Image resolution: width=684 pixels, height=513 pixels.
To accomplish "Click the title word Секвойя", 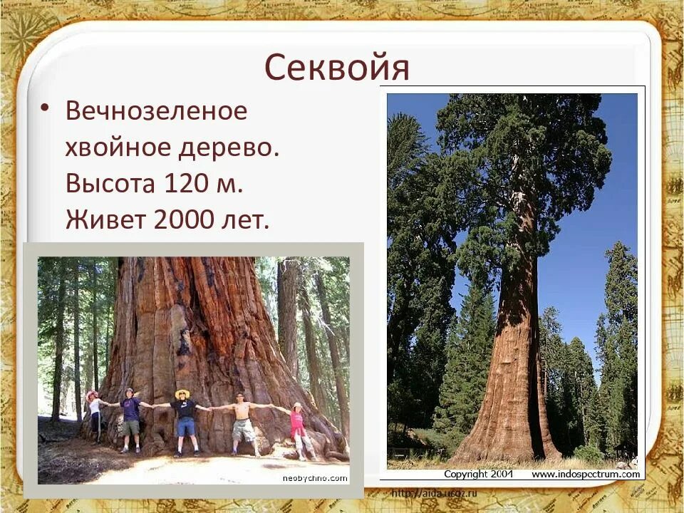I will coord(337,68).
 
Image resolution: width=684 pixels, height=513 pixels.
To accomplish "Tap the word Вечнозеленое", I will coord(157,111).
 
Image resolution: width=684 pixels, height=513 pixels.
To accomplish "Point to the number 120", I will coord(187,185).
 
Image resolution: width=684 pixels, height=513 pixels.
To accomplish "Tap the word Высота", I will coord(110,185).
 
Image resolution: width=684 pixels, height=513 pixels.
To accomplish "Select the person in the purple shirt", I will coord(130,419).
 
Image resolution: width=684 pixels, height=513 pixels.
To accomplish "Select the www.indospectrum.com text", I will coord(585,474).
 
